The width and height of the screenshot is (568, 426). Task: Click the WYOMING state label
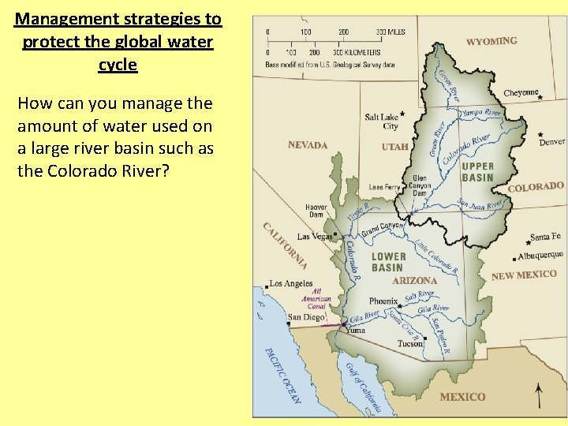click(x=491, y=40)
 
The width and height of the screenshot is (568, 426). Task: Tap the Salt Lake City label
click(x=381, y=121)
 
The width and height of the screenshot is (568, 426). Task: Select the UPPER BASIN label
click(x=477, y=172)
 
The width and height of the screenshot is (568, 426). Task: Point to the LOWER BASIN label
click(x=388, y=262)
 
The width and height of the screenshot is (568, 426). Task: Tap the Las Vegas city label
click(x=314, y=237)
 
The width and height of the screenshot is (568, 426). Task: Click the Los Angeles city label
click(x=291, y=284)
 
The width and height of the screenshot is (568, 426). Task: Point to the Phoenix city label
click(x=383, y=301)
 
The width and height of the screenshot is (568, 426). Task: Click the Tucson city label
click(x=409, y=344)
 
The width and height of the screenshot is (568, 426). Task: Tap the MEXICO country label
click(x=462, y=397)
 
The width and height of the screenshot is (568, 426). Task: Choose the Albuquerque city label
click(x=540, y=256)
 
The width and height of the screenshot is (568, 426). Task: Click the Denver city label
click(x=551, y=142)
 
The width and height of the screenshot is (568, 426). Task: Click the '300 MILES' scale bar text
click(x=390, y=32)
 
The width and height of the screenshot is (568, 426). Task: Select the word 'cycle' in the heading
click(x=118, y=65)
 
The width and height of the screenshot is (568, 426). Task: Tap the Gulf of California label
click(x=364, y=387)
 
